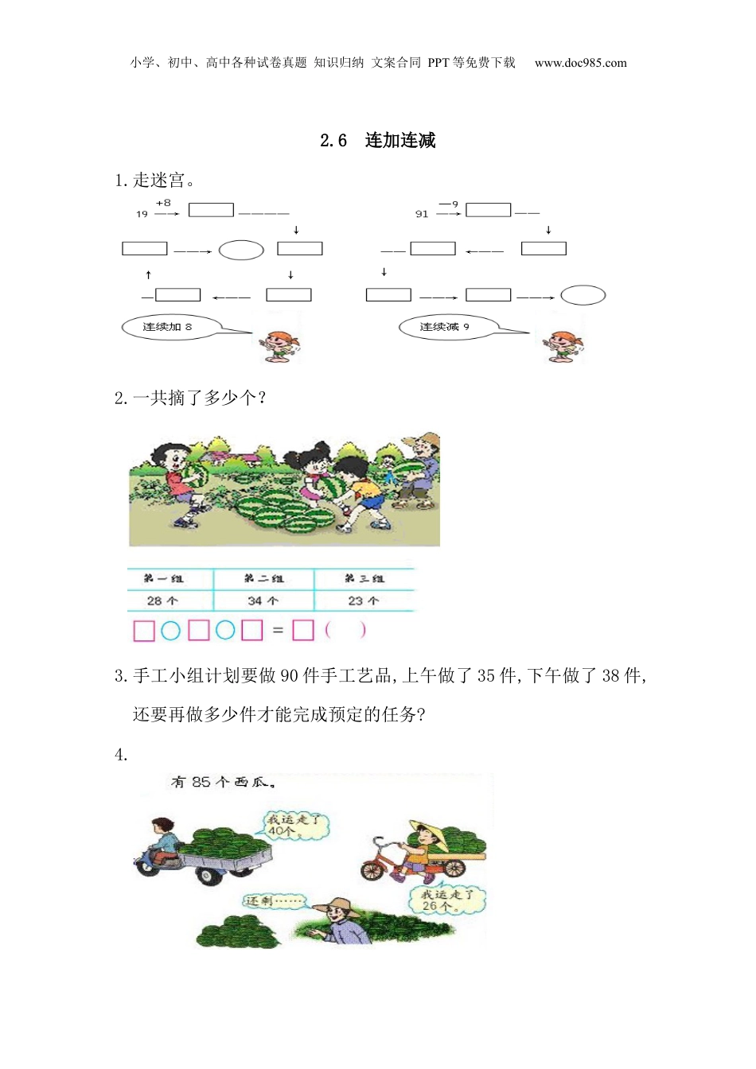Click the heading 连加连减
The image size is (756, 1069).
click(x=399, y=141)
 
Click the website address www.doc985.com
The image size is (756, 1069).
click(x=580, y=63)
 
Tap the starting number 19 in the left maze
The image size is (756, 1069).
click(x=142, y=214)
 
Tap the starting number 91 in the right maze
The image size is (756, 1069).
click(x=422, y=214)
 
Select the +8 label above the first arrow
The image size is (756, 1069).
click(x=163, y=204)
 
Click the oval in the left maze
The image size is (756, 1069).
click(x=241, y=250)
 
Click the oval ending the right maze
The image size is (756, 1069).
click(x=583, y=295)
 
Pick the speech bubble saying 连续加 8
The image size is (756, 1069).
click(x=167, y=327)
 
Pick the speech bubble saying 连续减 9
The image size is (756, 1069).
click(x=446, y=327)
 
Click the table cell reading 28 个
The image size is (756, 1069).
click(x=162, y=601)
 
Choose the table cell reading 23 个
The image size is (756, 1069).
click(x=363, y=601)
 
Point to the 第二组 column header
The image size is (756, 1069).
click(x=263, y=578)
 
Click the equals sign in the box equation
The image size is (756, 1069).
click(x=278, y=631)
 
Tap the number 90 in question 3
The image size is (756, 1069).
click(x=290, y=676)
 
